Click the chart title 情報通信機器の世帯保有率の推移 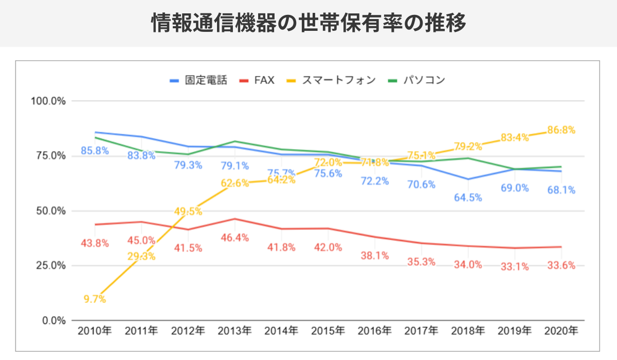tap(308, 23)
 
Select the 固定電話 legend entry tap(198, 80)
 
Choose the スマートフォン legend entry tap(332, 80)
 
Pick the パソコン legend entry tap(416, 80)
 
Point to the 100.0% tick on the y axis tap(48, 101)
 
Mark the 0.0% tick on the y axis tap(53, 320)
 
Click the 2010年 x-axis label tap(95, 331)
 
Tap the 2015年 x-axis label tap(328, 331)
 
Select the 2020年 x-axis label tap(561, 331)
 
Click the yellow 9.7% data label tap(95, 299)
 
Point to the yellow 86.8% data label tap(561, 130)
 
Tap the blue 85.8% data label tap(95, 151)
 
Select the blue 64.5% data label tap(468, 197)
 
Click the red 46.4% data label tap(234, 238)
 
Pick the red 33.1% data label tap(515, 267)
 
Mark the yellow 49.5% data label tap(188, 211)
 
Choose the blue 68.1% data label tap(561, 190)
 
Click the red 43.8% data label tap(95, 243)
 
